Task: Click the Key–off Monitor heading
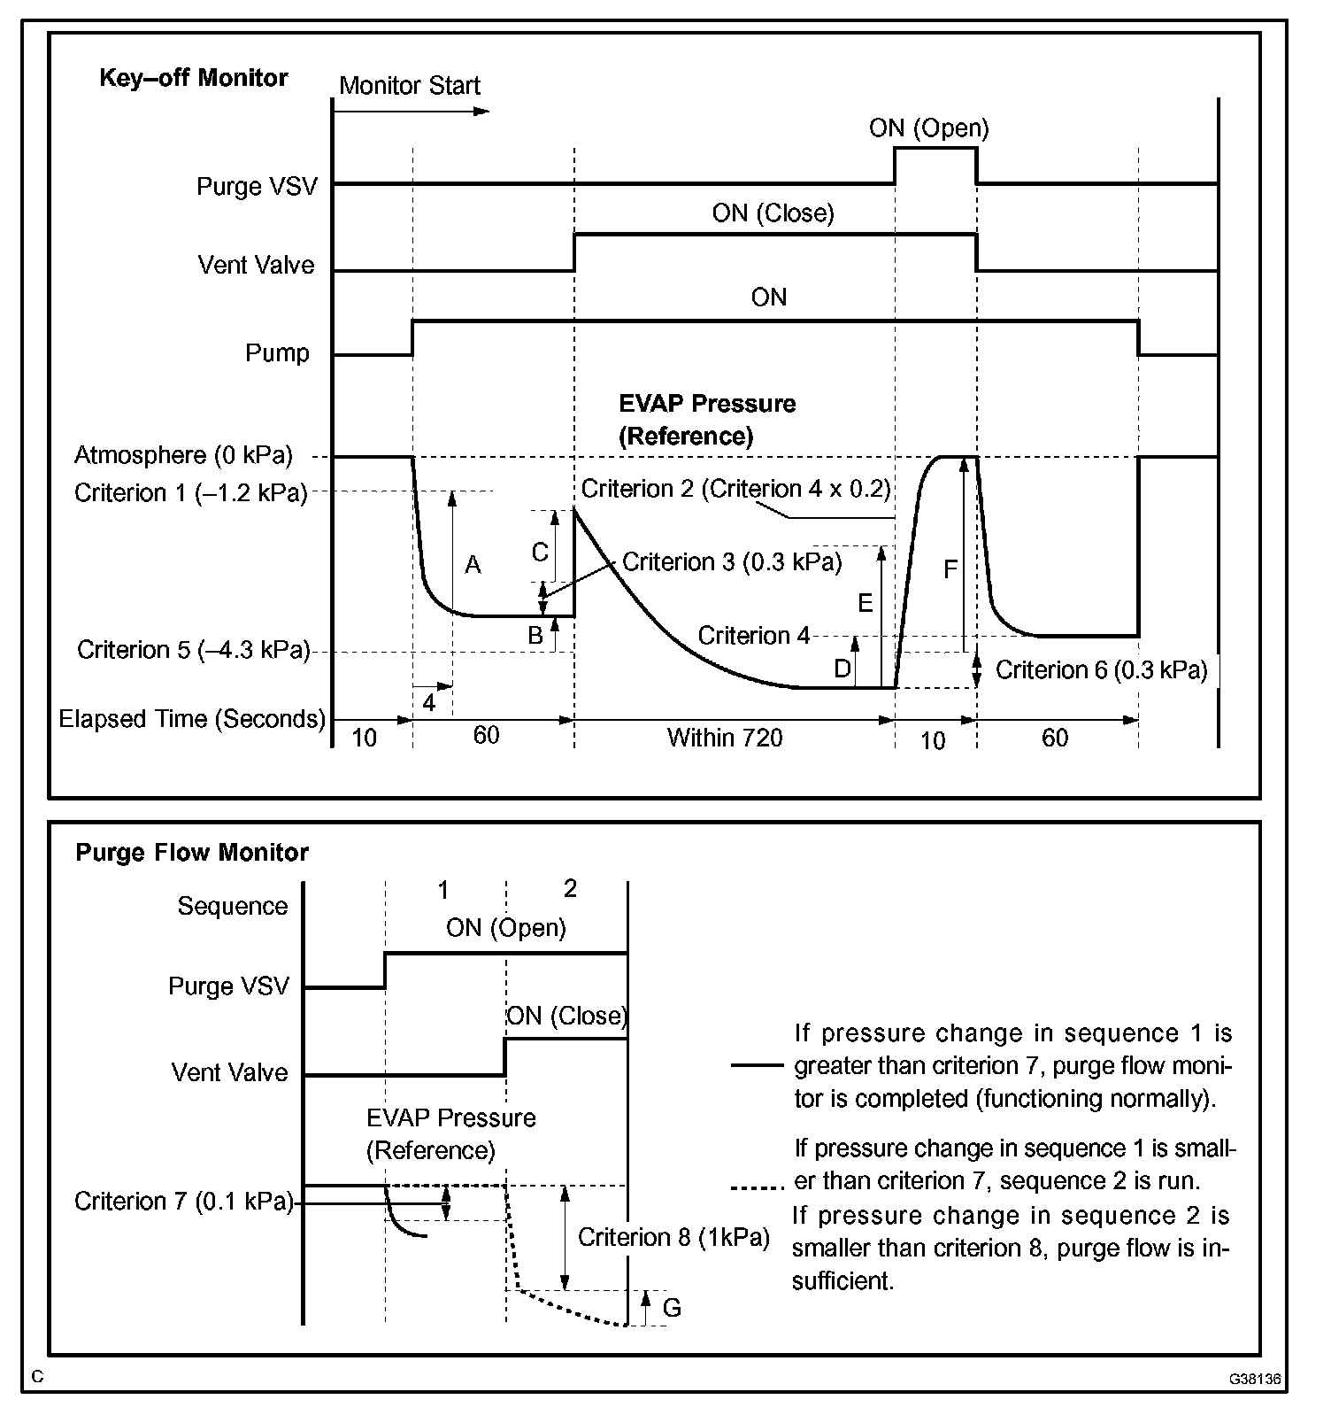click(x=193, y=78)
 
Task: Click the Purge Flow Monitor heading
click(x=191, y=852)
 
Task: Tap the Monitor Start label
click(x=409, y=86)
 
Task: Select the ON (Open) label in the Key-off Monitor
click(x=928, y=128)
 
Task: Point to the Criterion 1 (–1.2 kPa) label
click(x=190, y=492)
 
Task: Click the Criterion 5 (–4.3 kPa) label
click(x=193, y=650)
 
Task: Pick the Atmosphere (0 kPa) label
click(x=183, y=455)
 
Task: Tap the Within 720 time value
click(x=724, y=737)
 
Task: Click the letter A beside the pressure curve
click(x=473, y=565)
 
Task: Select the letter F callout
click(x=950, y=568)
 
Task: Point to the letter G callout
click(x=672, y=1307)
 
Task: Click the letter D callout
click(x=842, y=669)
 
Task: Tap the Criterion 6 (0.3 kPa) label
click(x=1101, y=669)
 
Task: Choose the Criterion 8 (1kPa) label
click(x=673, y=1237)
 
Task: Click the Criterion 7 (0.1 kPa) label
click(x=183, y=1201)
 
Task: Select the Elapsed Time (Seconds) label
click(x=192, y=718)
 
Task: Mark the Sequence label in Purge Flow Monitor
click(x=232, y=906)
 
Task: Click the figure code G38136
click(x=1253, y=1380)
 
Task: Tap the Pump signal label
click(x=277, y=353)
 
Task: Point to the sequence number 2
click(x=570, y=888)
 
